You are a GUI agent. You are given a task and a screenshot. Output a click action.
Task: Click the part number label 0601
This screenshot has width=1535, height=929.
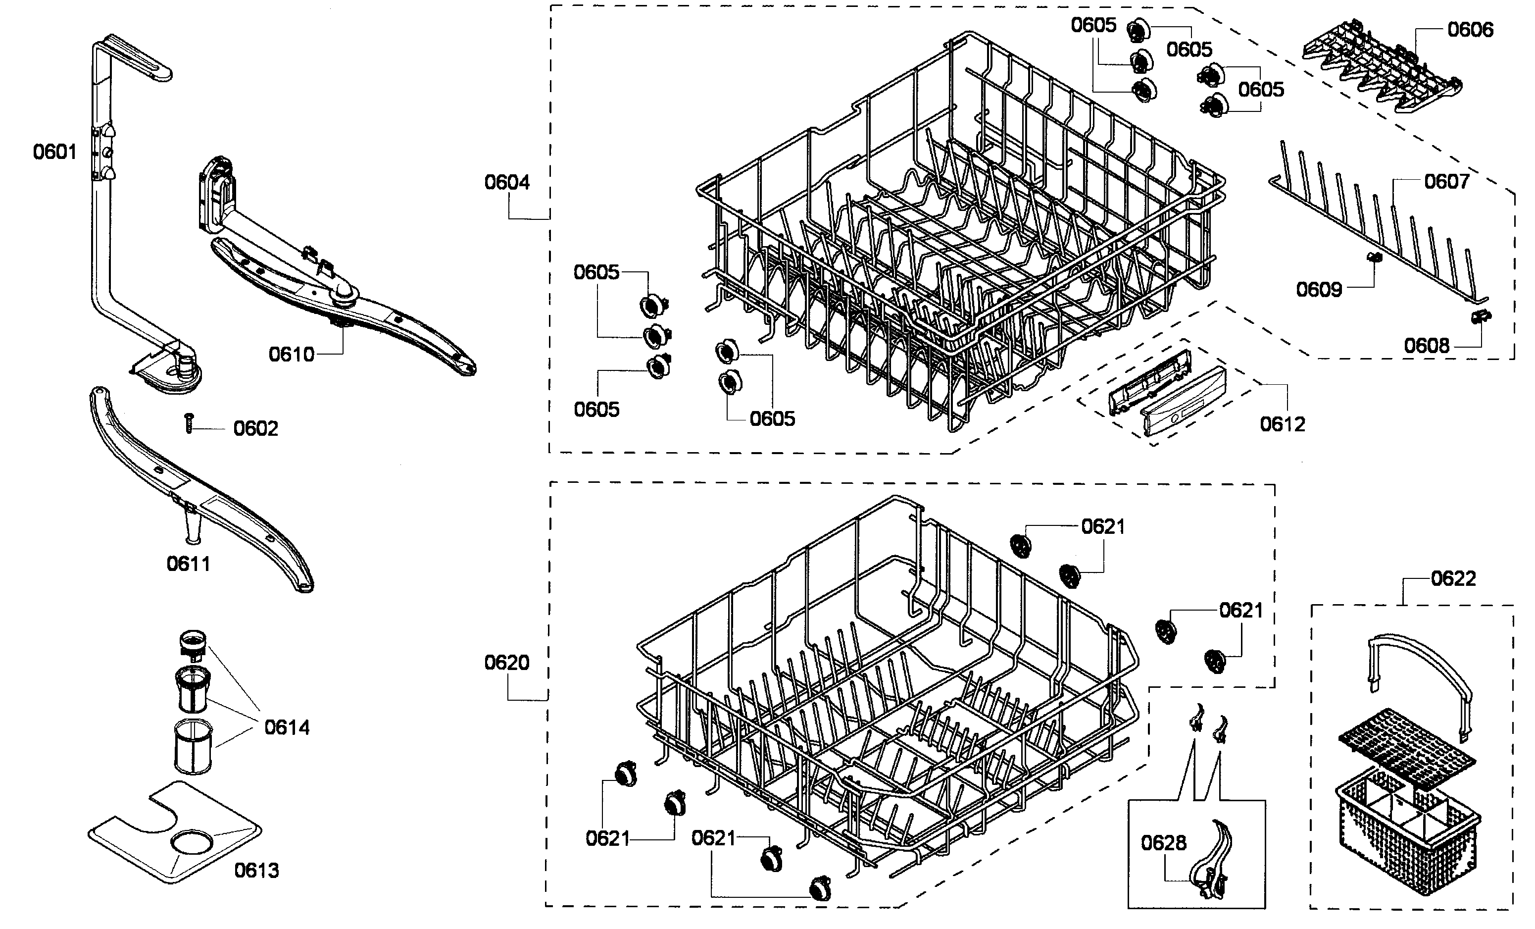coord(55,152)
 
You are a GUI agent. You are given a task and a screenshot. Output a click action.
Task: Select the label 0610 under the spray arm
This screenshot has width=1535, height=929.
coord(292,355)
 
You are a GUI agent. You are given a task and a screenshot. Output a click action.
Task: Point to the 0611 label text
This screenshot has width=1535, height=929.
coord(188,564)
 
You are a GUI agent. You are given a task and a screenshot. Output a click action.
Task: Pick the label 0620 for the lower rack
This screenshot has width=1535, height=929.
coord(506,662)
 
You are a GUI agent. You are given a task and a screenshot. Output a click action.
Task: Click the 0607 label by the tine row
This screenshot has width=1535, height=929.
coord(1446,181)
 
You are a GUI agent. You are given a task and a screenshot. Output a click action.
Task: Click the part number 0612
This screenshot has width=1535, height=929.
coord(1282,424)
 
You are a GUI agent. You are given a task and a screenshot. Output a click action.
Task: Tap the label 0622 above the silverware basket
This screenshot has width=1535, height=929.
coord(1453,579)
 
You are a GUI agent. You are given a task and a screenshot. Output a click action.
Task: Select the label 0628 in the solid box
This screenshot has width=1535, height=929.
coord(1164,843)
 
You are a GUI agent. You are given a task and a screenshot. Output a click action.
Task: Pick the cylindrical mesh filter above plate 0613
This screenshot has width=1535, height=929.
coord(193,747)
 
